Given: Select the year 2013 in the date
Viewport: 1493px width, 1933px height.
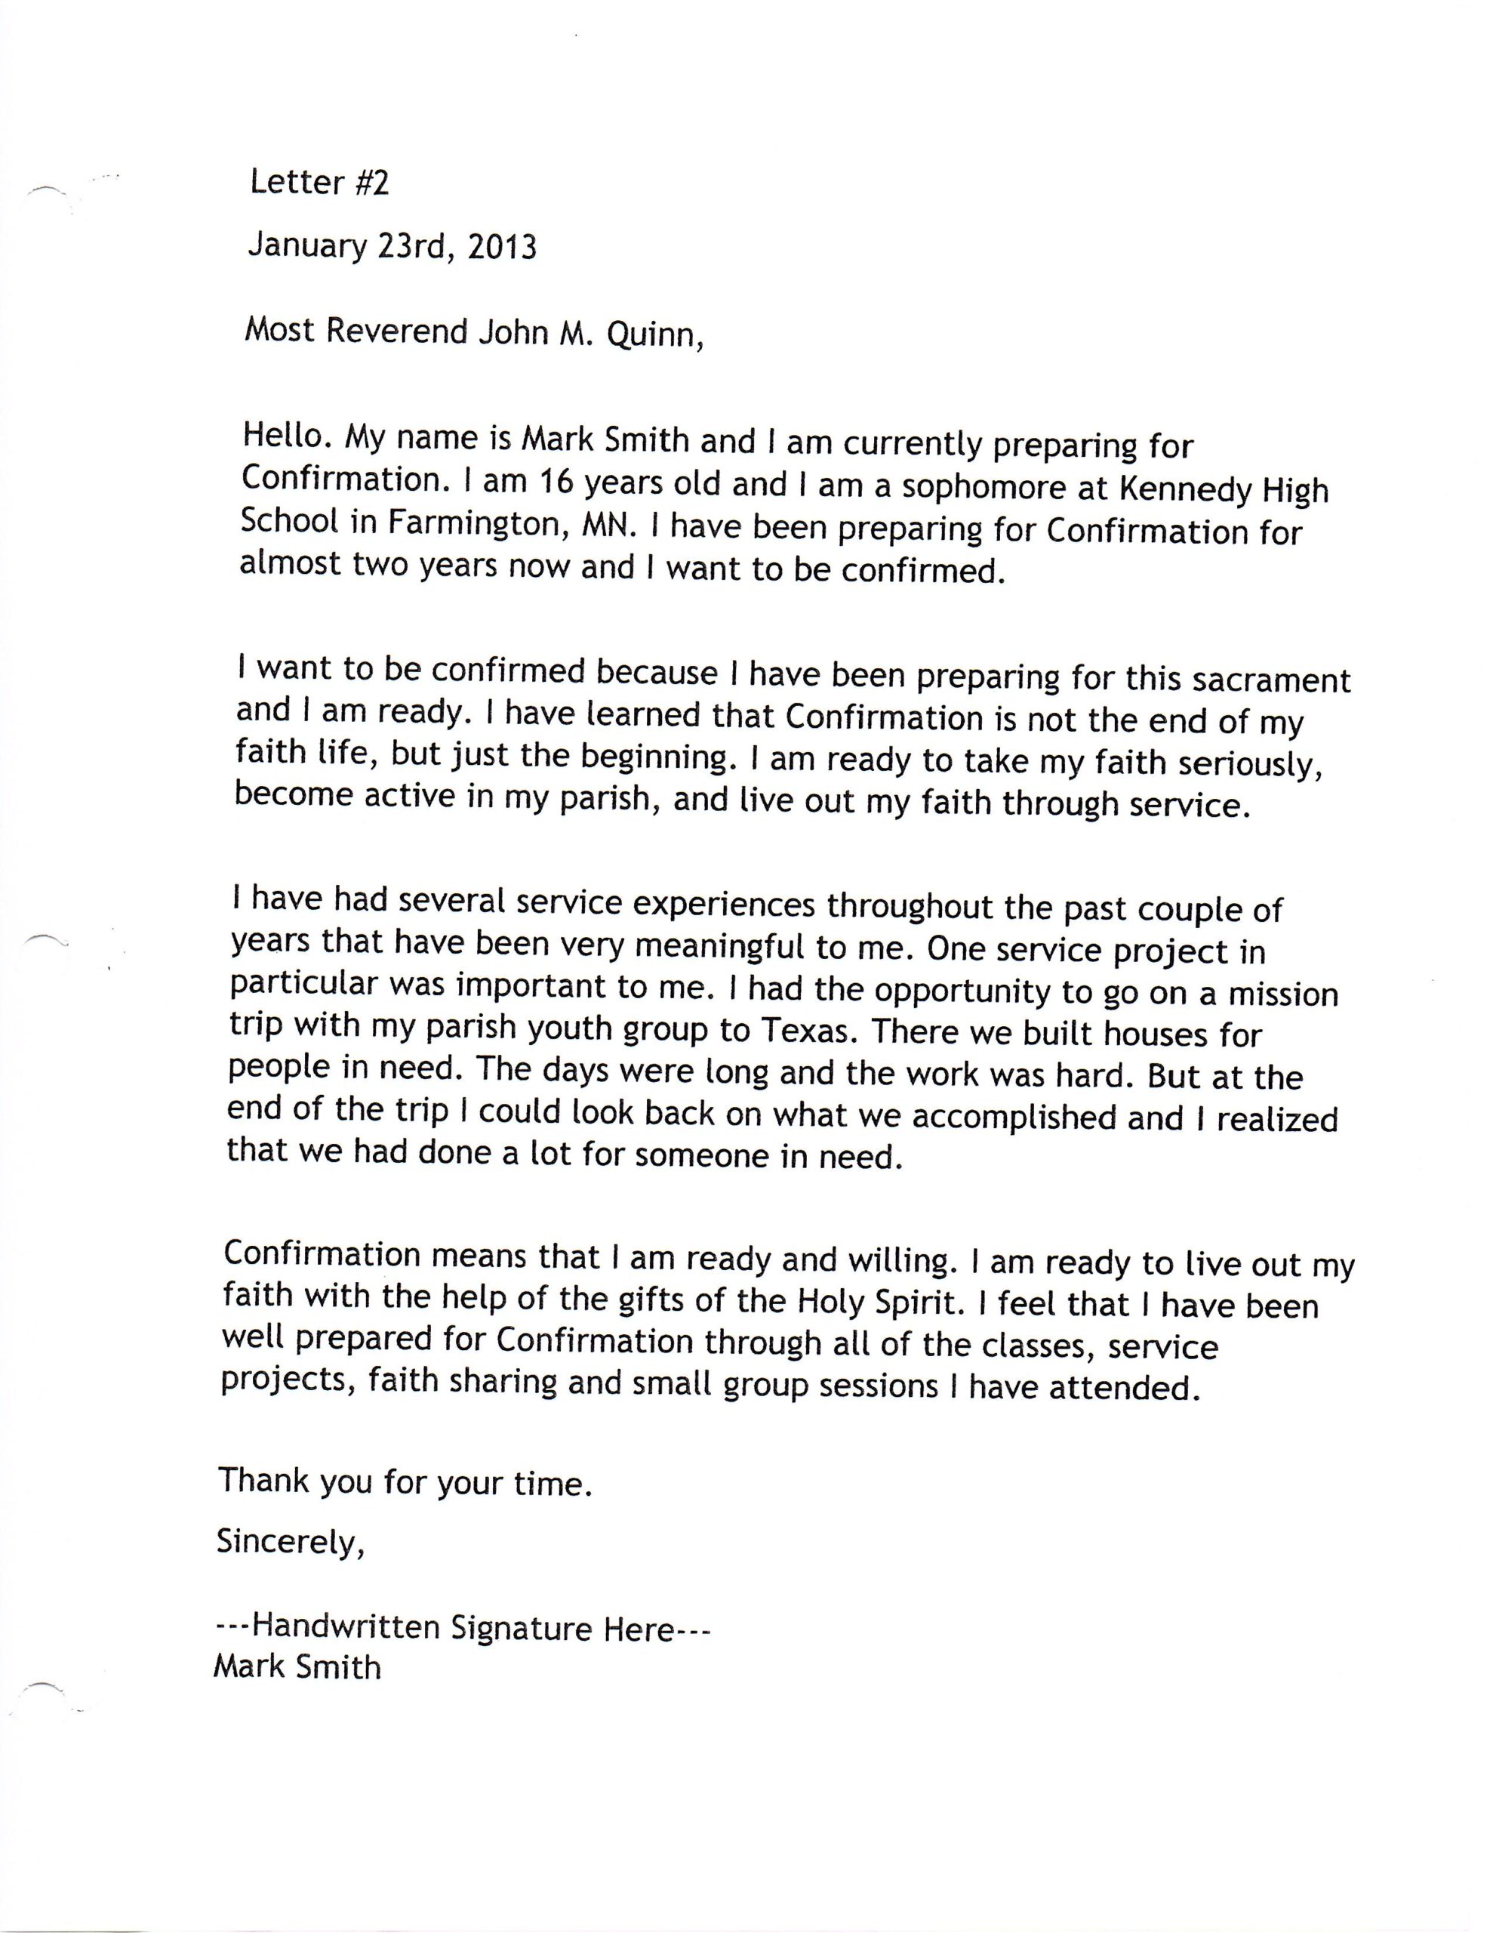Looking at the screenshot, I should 501,246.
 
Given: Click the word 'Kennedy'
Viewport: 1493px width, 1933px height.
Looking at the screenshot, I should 1169,489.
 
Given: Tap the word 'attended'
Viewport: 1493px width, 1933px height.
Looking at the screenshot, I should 1124,1387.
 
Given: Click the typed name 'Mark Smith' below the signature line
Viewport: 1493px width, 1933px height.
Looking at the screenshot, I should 297,1667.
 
